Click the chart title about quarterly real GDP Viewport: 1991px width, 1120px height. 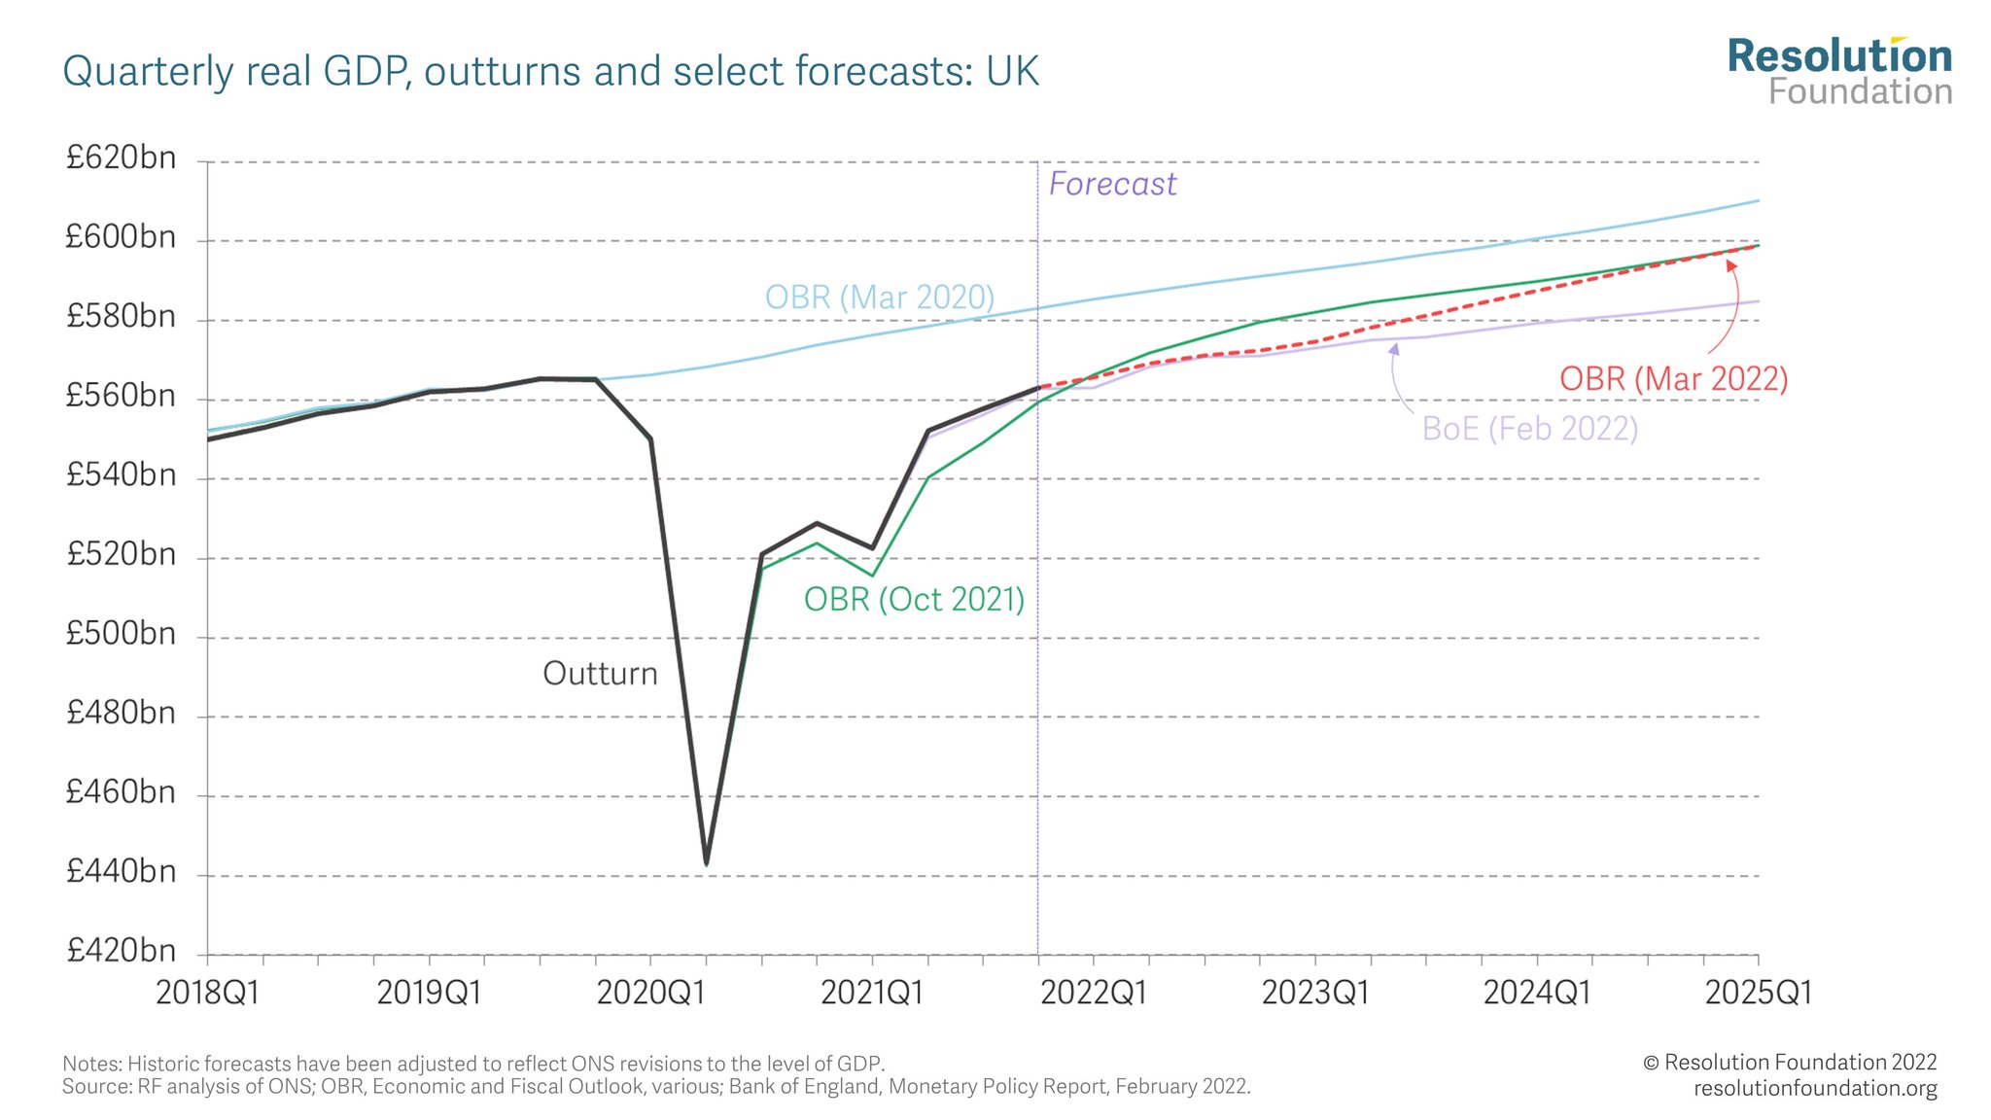(550, 72)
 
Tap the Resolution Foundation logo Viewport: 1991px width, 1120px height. (1839, 71)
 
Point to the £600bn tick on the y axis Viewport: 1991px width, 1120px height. (121, 237)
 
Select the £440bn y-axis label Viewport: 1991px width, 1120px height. (121, 871)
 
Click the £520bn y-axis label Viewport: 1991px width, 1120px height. (121, 554)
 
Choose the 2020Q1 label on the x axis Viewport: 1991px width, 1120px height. (649, 993)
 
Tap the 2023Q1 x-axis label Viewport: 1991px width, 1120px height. (1314, 993)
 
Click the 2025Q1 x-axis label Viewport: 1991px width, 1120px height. (1758, 993)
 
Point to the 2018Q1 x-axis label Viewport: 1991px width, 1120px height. (208, 993)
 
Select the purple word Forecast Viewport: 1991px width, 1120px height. (1112, 184)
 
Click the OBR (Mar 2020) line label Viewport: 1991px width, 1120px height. (879, 297)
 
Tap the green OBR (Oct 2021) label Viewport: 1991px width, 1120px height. (914, 599)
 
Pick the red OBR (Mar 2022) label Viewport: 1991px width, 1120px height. (1673, 378)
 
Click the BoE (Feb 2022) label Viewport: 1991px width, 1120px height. (1529, 428)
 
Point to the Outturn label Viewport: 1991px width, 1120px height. (600, 673)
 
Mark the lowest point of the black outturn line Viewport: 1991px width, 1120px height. (706, 862)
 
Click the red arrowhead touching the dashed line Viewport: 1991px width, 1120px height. (1731, 265)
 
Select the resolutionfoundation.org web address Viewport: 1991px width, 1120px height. (1814, 1088)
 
